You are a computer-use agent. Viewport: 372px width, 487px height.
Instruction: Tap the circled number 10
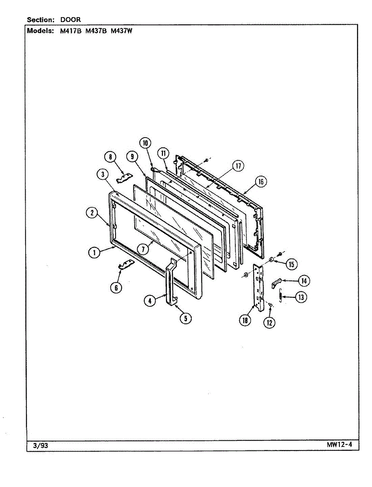[145, 143]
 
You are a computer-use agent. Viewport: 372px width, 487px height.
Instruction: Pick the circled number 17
[238, 166]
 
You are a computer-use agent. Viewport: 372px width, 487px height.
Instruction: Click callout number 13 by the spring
[300, 297]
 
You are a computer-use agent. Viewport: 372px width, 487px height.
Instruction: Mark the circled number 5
[185, 318]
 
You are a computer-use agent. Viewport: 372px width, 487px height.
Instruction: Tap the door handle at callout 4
[169, 280]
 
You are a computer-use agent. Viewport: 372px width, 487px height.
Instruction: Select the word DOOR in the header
[71, 19]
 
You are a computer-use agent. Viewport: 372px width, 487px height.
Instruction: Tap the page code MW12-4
[339, 444]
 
